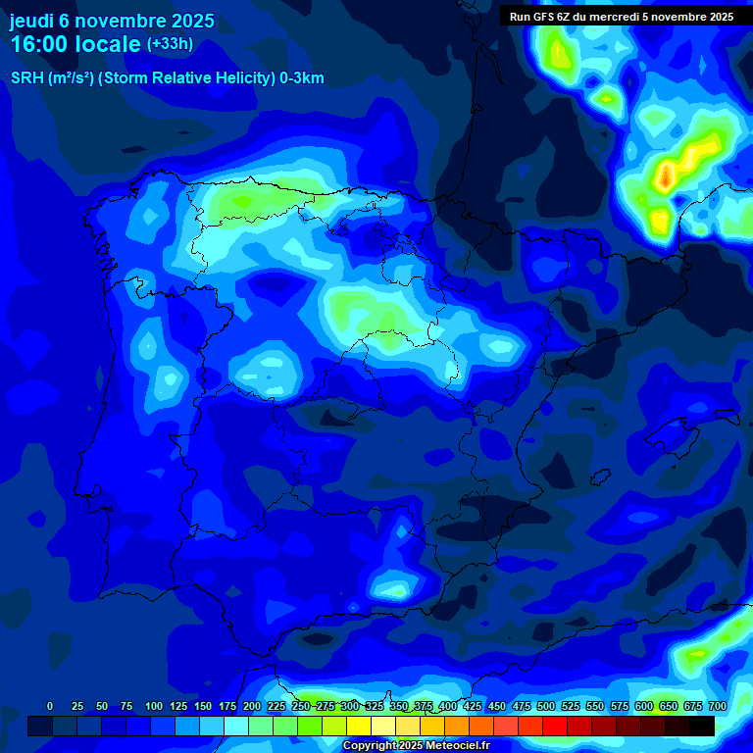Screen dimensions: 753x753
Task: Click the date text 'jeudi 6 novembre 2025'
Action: tap(112, 21)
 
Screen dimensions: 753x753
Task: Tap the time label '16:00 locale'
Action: tap(75, 44)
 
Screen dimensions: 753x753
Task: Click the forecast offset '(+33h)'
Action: tap(170, 44)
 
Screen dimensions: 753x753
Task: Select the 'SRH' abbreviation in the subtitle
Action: tap(26, 78)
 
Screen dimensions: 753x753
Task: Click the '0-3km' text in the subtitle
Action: tap(301, 78)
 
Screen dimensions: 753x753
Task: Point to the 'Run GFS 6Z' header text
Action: tap(540, 17)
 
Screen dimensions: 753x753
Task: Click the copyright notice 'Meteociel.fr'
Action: tap(458, 746)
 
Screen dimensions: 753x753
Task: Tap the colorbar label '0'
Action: tap(50, 706)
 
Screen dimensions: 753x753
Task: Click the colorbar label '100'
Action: tap(154, 706)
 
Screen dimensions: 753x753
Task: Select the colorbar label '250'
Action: tap(301, 706)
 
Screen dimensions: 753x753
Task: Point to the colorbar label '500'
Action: tap(546, 706)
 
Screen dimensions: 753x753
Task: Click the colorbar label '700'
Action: tap(717, 706)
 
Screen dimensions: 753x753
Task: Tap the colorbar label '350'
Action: tap(399, 706)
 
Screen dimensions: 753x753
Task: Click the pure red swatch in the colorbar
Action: tap(555, 726)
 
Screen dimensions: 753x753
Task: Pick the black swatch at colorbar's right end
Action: tap(702, 726)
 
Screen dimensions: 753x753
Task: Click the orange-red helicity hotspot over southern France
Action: tap(666, 176)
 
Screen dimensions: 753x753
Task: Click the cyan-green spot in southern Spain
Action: tap(394, 588)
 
